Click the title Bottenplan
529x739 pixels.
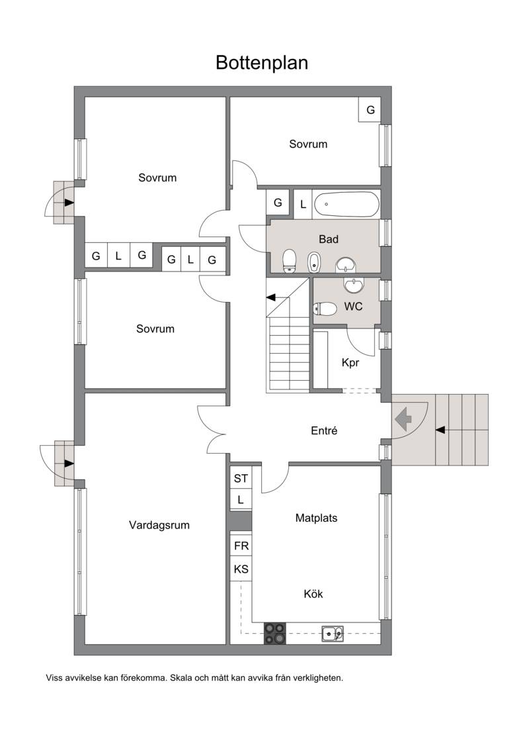click(x=262, y=63)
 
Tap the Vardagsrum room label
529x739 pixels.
click(x=159, y=525)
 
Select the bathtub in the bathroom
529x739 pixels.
click(x=346, y=204)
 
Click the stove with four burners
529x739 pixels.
click(x=274, y=634)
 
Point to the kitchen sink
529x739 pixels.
click(x=332, y=634)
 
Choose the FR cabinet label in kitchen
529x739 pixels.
click(x=241, y=546)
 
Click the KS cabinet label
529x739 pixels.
click(x=241, y=569)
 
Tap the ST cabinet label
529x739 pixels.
click(x=241, y=479)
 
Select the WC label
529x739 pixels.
click(x=353, y=307)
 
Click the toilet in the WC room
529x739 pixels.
click(x=325, y=309)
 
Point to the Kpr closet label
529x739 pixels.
click(x=350, y=363)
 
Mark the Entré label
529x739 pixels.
click(x=324, y=430)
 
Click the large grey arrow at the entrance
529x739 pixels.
click(x=403, y=419)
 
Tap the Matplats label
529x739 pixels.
click(x=316, y=518)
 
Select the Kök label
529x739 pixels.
click(x=313, y=594)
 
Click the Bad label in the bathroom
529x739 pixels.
click(x=329, y=239)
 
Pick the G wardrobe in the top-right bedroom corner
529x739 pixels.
click(x=370, y=110)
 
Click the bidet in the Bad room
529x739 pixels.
click(x=314, y=262)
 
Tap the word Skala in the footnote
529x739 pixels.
click(x=181, y=678)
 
